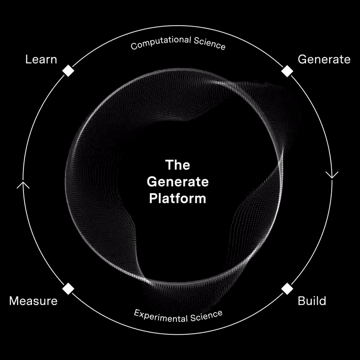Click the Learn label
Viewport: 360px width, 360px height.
(x=41, y=59)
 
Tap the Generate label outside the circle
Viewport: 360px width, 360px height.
(x=324, y=59)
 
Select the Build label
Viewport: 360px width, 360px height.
(x=312, y=301)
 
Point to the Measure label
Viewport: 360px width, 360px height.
(x=33, y=301)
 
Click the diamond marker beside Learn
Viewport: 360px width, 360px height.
(x=68, y=71)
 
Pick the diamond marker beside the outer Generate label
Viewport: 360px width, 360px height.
(x=287, y=71)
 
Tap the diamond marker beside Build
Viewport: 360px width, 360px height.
(x=287, y=288)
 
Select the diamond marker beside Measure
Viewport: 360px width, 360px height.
(x=68, y=288)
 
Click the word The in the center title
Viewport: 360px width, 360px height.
(x=177, y=165)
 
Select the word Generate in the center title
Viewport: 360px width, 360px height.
(x=178, y=181)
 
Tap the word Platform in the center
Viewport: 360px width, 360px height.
(x=178, y=198)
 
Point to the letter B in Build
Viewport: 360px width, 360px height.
(x=301, y=301)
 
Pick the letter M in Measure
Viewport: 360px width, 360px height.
(x=14, y=301)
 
